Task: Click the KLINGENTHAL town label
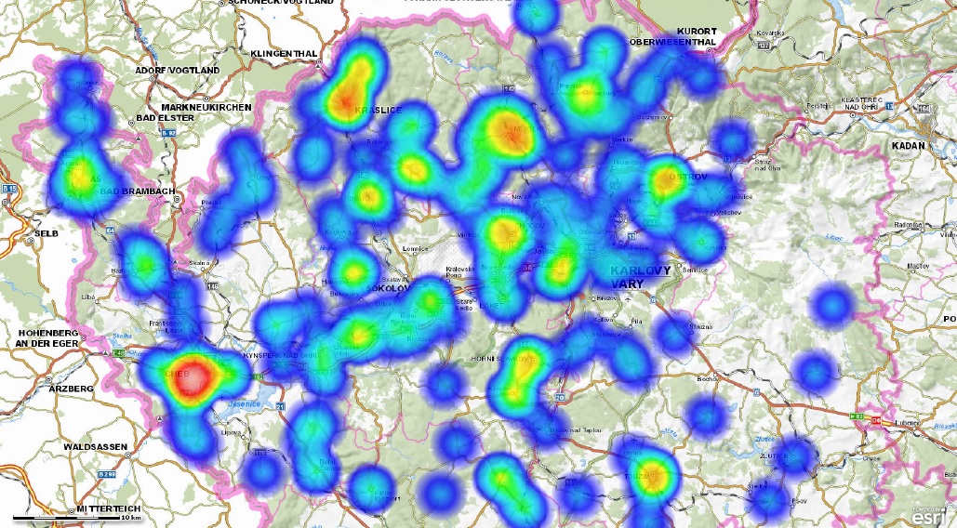pos(285,54)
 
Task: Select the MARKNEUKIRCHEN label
pos(206,108)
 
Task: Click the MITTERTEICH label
pos(107,510)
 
